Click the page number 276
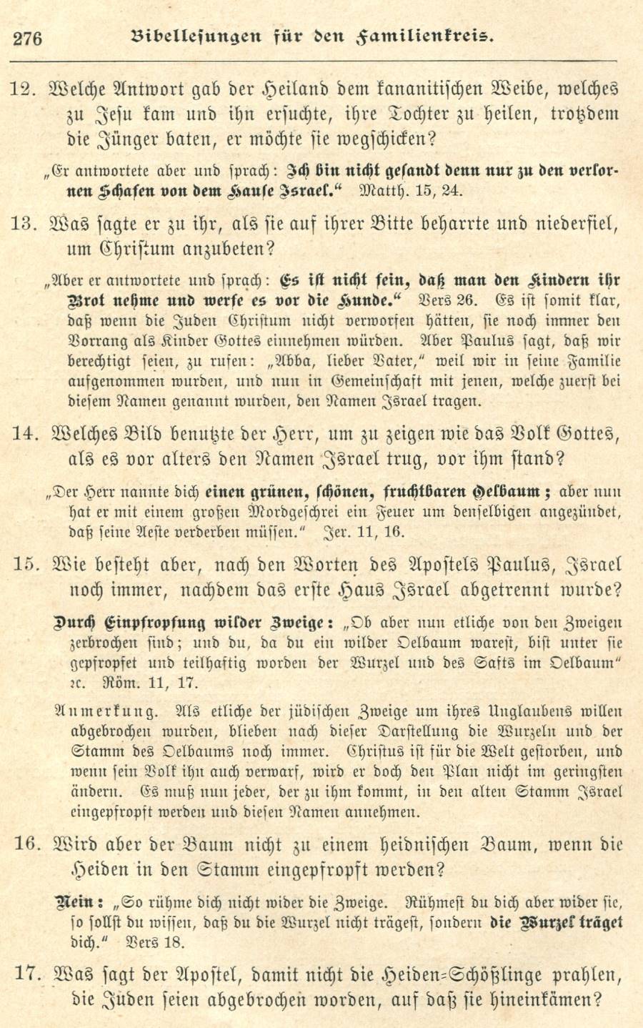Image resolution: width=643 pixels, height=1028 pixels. [x=28, y=37]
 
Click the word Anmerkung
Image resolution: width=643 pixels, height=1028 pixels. [x=105, y=712]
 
